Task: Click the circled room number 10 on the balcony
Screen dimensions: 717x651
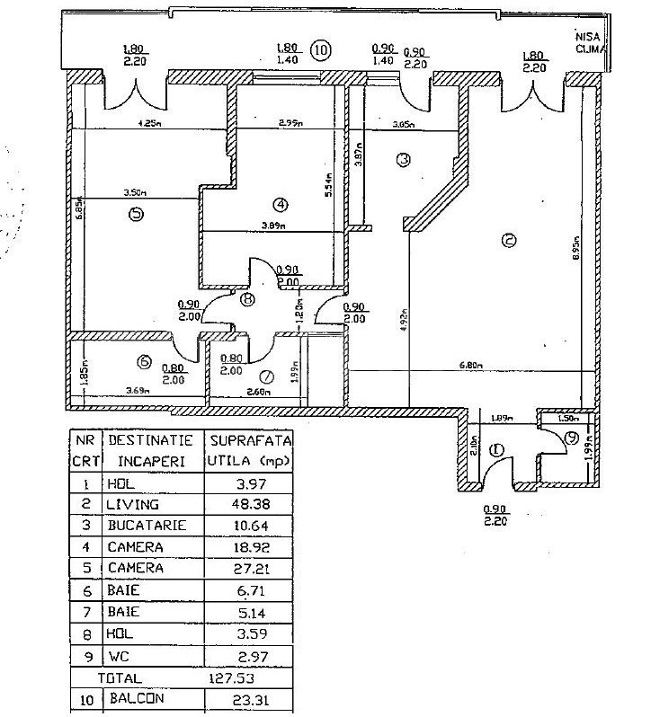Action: (321, 50)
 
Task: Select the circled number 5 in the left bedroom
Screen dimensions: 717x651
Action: (136, 215)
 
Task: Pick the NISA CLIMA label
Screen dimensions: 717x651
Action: (592, 42)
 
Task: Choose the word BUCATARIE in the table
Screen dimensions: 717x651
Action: (148, 525)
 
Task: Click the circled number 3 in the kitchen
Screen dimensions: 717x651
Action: (404, 160)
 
